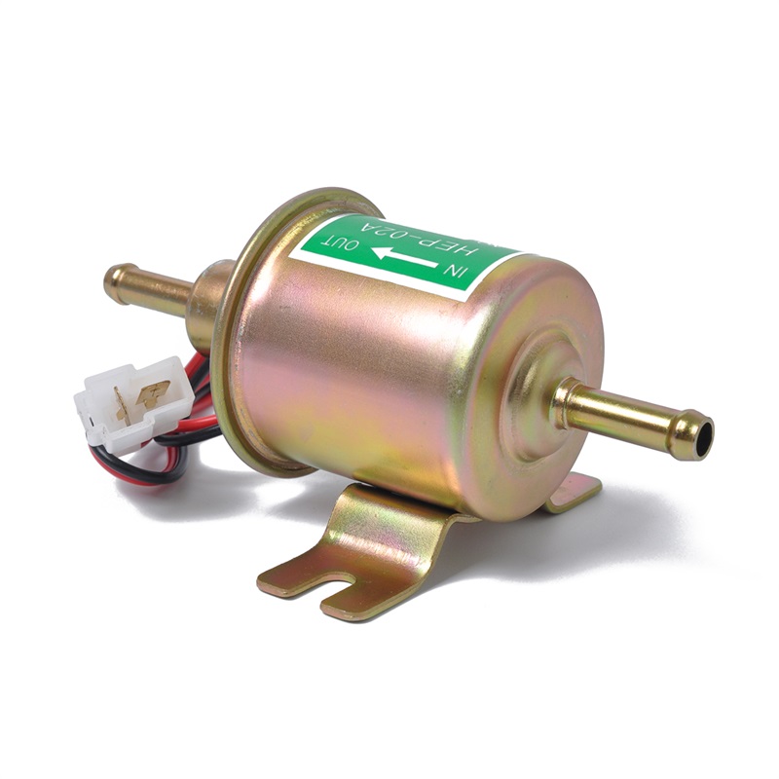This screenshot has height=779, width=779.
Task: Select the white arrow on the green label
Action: pos(405,258)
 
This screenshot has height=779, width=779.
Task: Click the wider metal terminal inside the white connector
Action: pos(154,392)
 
